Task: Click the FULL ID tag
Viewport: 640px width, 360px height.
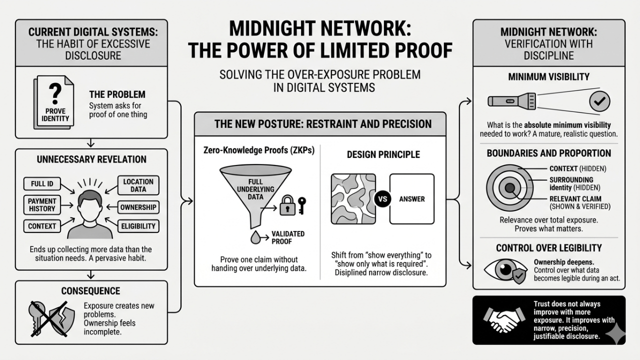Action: point(42,184)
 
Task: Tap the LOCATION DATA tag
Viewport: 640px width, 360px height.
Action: point(138,185)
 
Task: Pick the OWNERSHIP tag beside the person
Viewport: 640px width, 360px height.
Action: point(138,207)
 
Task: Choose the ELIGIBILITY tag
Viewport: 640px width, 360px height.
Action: point(138,226)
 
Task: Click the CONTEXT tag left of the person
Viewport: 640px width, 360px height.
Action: point(42,226)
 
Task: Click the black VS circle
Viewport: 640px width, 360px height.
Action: point(383,199)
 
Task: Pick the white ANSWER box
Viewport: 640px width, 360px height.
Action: point(412,199)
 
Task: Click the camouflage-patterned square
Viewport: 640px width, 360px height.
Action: point(353,199)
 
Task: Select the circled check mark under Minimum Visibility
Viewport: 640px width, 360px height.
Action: point(599,101)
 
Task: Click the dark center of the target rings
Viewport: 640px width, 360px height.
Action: point(509,188)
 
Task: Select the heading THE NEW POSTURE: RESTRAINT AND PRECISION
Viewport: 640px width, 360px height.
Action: point(320,124)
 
